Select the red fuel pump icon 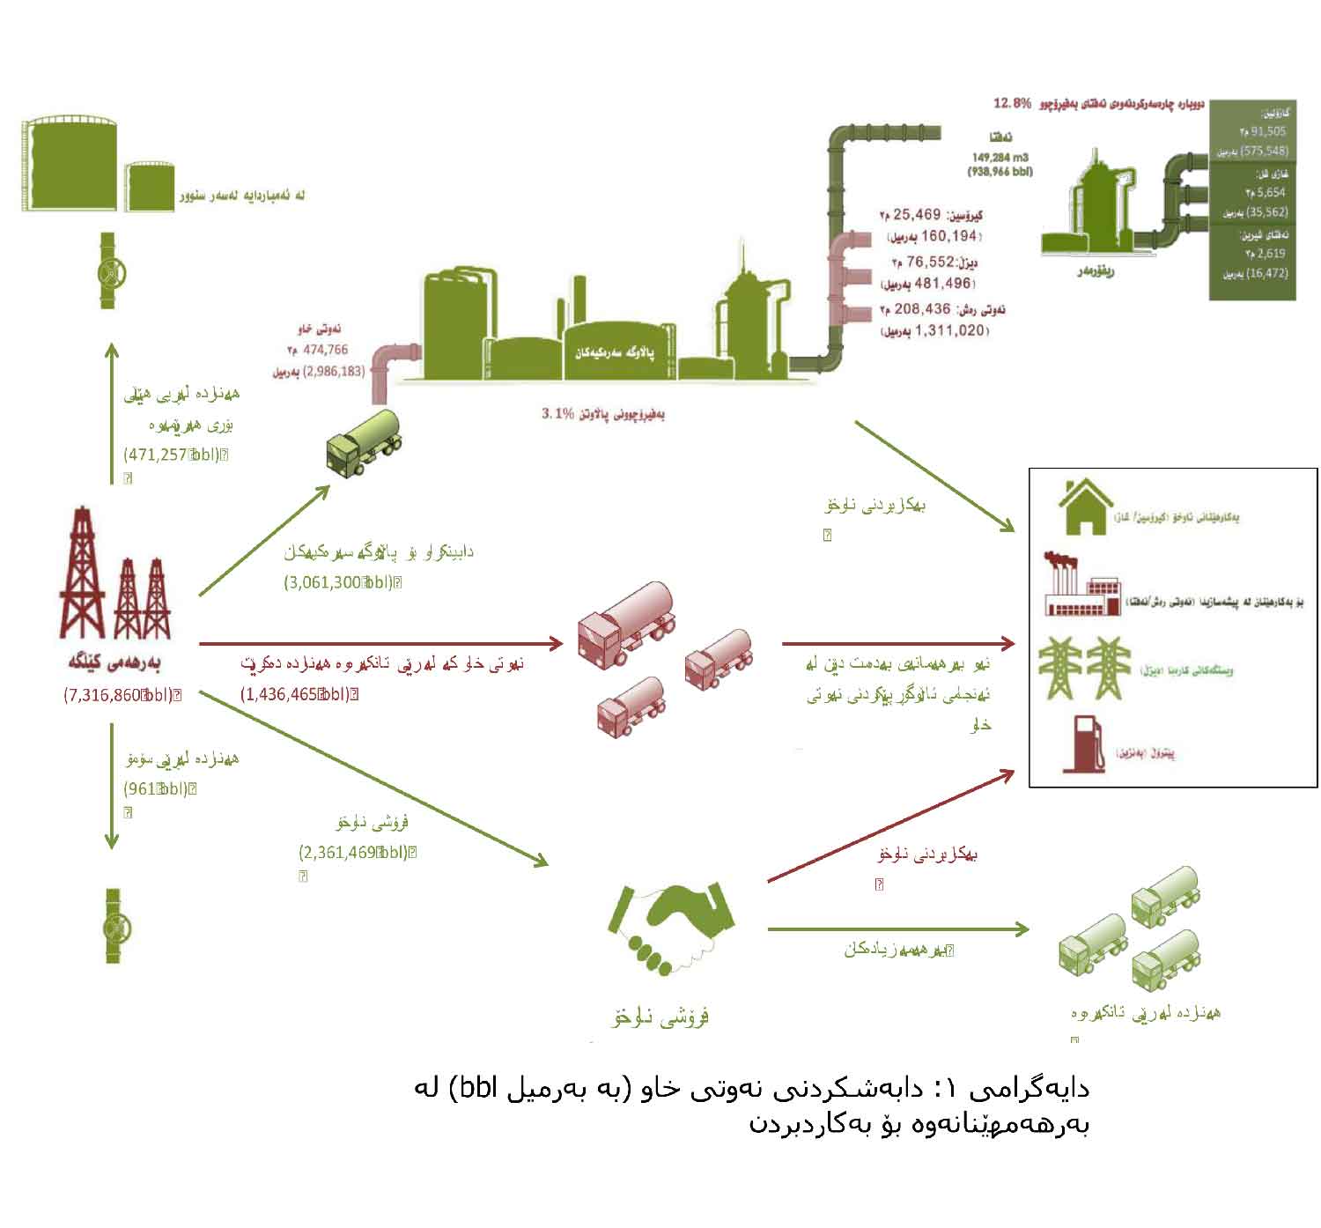(x=1083, y=744)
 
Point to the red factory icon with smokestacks (x=1081, y=584)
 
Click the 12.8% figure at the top (x=1012, y=103)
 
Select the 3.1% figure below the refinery (x=557, y=412)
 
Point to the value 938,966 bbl (x=1000, y=172)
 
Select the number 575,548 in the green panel (x=1263, y=151)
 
